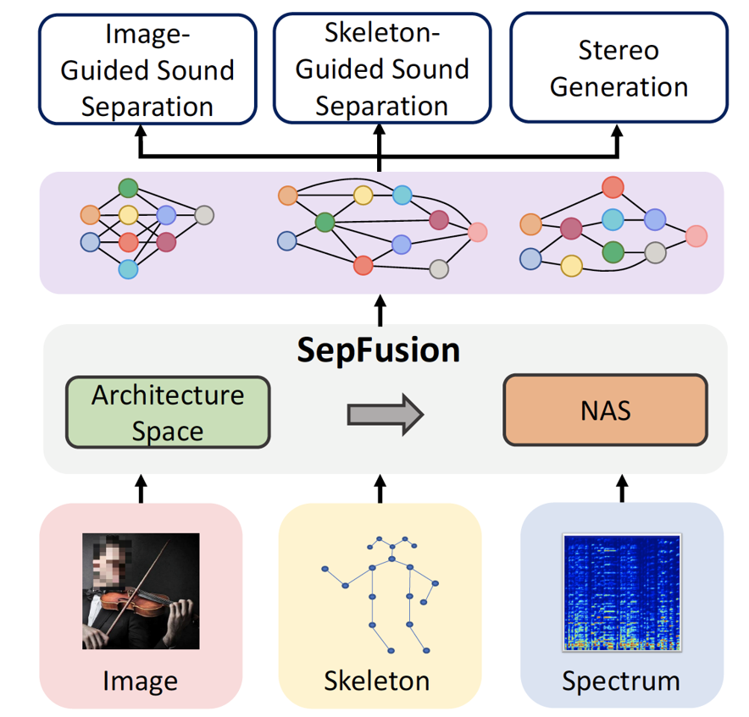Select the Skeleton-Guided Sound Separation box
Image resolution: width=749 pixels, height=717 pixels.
381,69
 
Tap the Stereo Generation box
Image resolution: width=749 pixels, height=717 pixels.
619,69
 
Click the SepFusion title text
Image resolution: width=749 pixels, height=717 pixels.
378,350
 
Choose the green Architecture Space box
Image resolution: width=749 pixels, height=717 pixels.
168,412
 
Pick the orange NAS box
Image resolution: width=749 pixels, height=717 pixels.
605,411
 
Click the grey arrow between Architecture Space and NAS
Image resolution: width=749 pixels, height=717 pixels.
385,414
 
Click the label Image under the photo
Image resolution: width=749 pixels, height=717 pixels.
141,680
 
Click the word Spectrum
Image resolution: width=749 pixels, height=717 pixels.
622,680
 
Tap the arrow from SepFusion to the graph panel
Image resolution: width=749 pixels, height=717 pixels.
380,308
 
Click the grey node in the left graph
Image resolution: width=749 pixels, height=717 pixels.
204,215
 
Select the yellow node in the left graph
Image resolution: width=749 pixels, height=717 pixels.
129,214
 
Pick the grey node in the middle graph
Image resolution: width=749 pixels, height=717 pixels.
438,269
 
